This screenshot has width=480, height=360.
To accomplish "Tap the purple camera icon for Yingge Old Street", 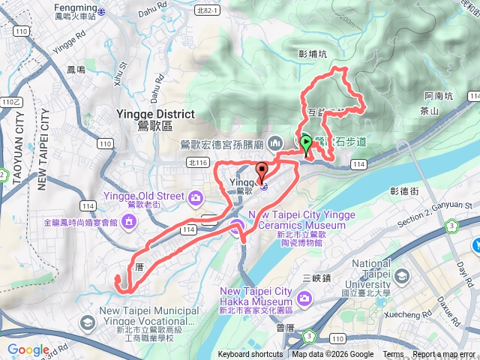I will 196,198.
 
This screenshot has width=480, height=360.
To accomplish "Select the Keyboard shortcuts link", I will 250,355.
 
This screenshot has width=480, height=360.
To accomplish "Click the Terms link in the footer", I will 393,355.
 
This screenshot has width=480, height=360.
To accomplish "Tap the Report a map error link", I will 444,355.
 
